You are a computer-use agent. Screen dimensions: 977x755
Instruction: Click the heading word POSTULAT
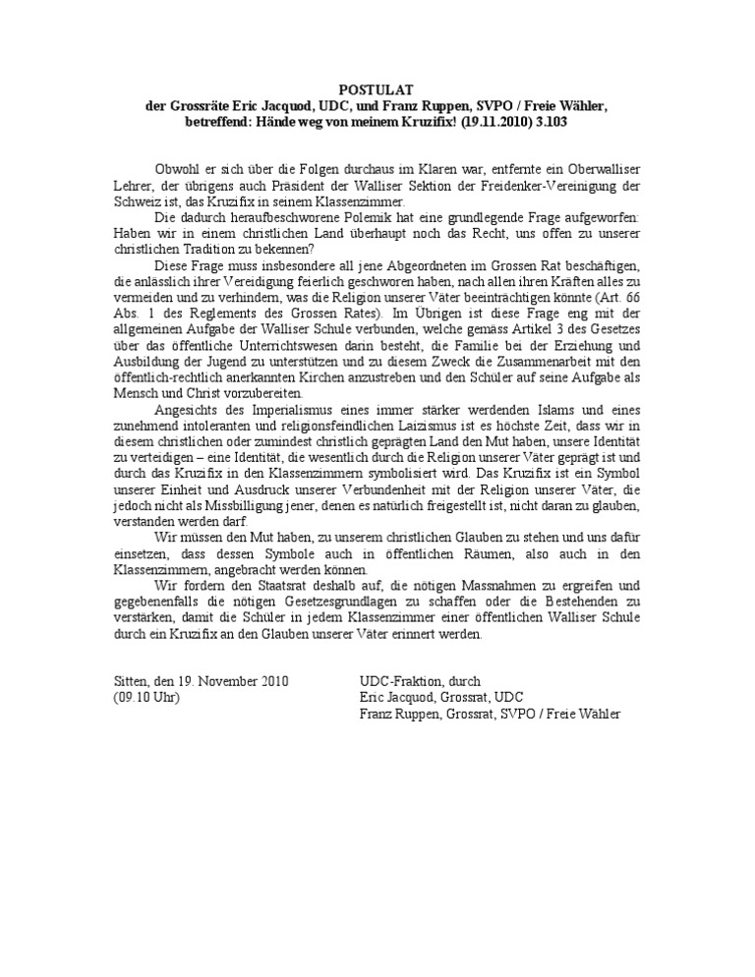pos(377,86)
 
